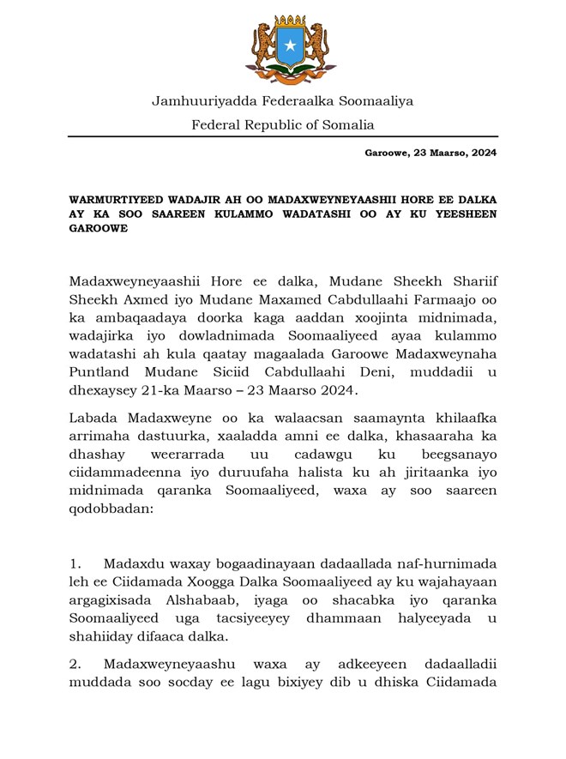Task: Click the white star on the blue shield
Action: click(289, 44)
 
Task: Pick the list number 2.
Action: click(75, 664)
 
